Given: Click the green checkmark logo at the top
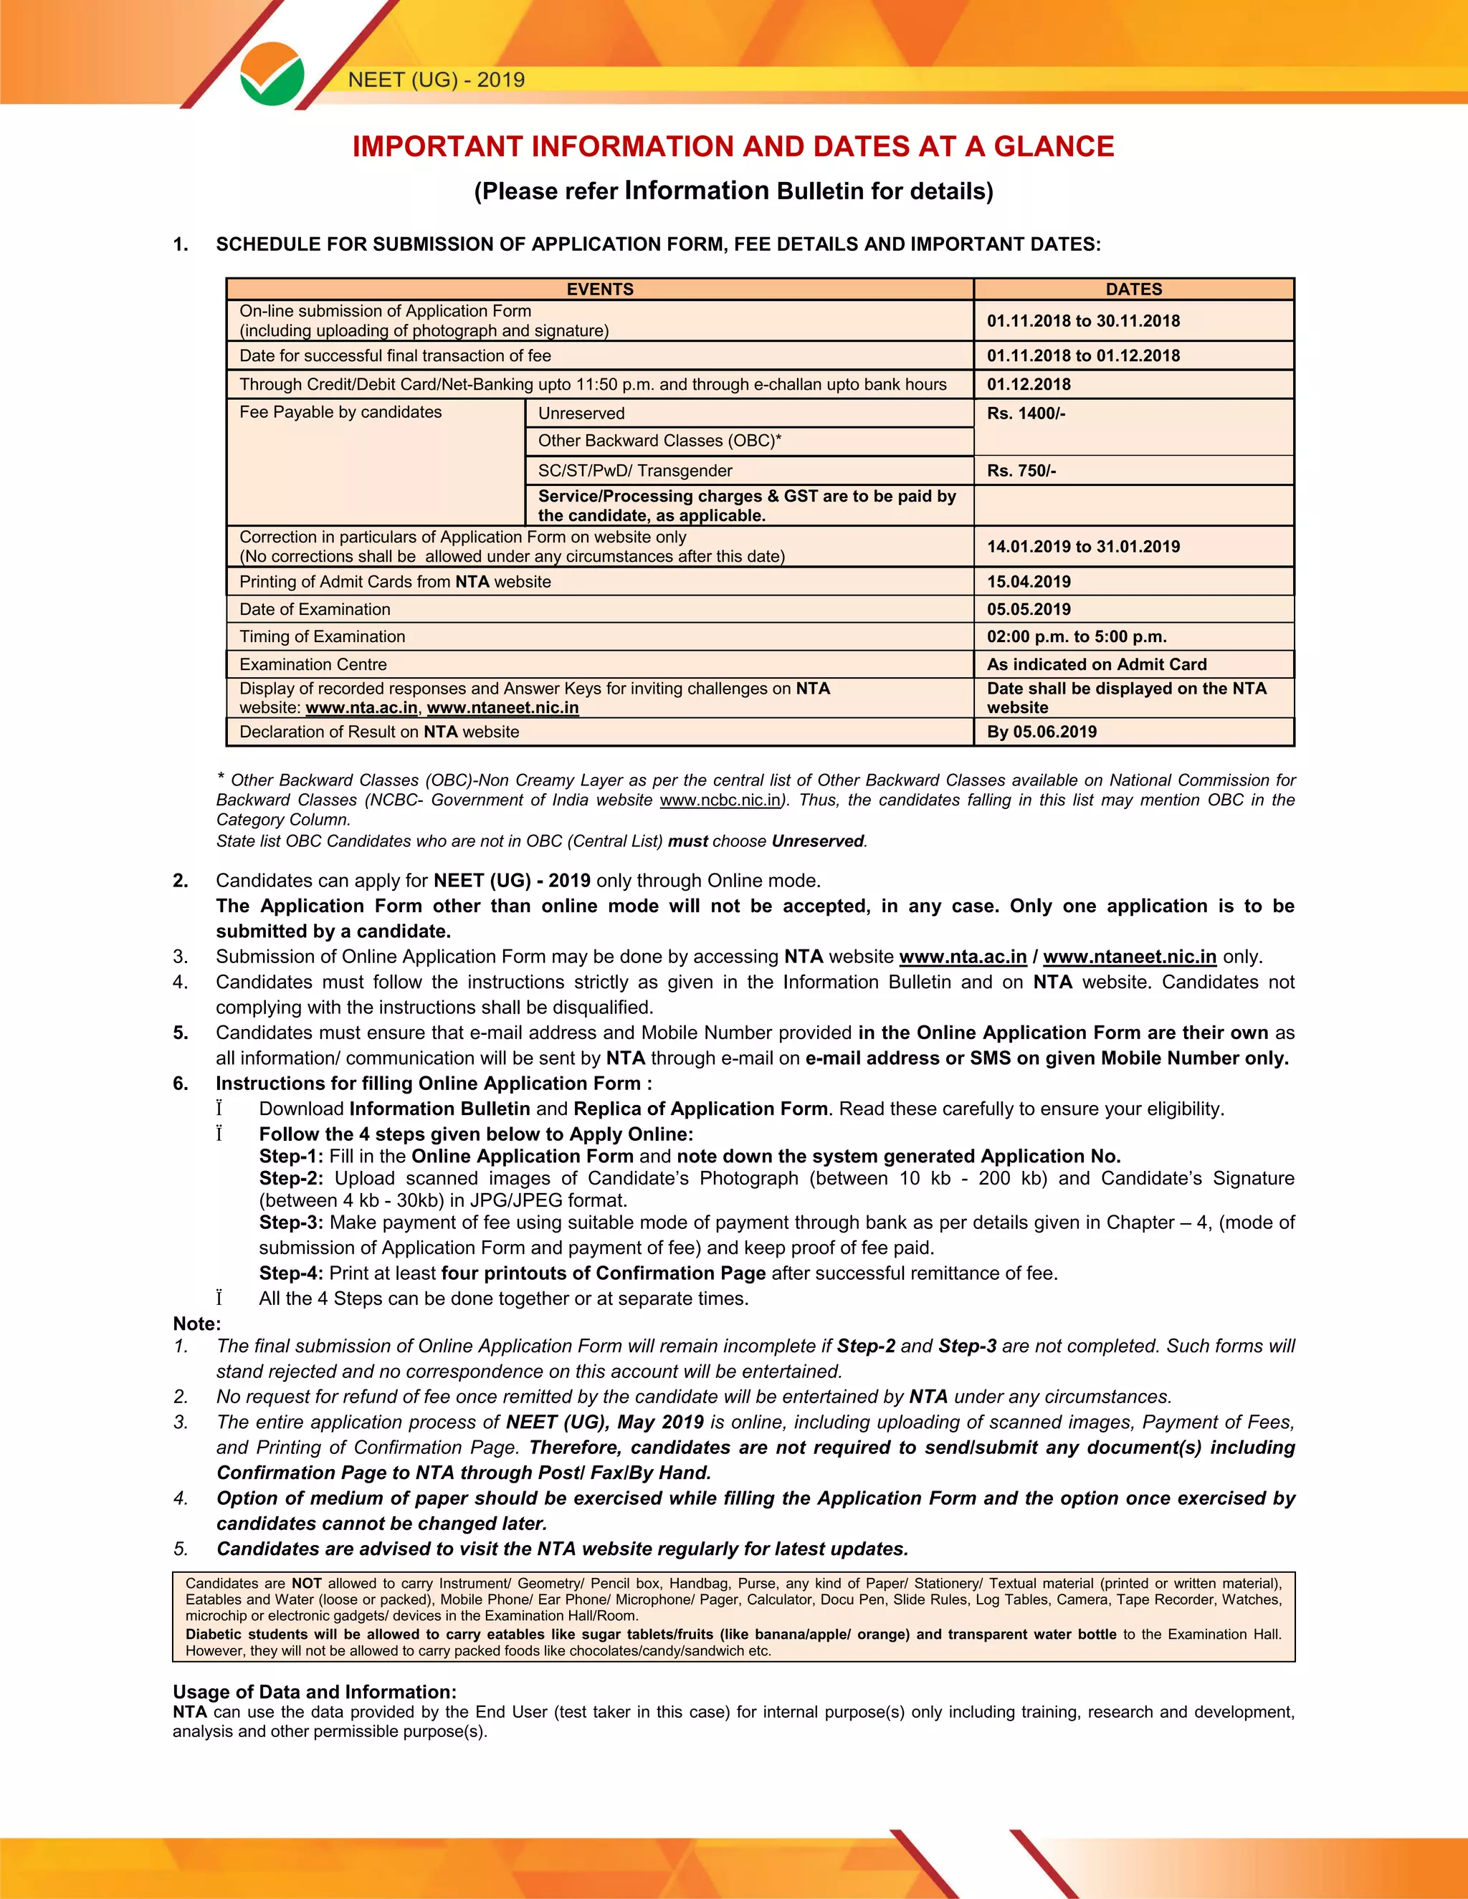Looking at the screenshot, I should [272, 75].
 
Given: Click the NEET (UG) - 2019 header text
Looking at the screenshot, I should [436, 80].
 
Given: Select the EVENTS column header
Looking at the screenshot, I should [599, 290].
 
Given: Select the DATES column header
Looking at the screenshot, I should [1133, 290].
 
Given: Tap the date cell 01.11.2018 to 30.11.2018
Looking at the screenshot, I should [1083, 321].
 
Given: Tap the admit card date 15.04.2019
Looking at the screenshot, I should [1028, 582].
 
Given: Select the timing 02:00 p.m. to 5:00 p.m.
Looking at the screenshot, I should [1076, 637].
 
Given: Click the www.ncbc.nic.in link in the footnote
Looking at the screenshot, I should [720, 800].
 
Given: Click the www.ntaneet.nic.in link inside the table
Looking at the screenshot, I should [502, 708].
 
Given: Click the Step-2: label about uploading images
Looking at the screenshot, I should [290, 1178].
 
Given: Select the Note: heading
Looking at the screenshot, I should [196, 1324].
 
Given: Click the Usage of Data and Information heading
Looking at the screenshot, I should [314, 1691].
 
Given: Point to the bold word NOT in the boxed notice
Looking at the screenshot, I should [306, 1584].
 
